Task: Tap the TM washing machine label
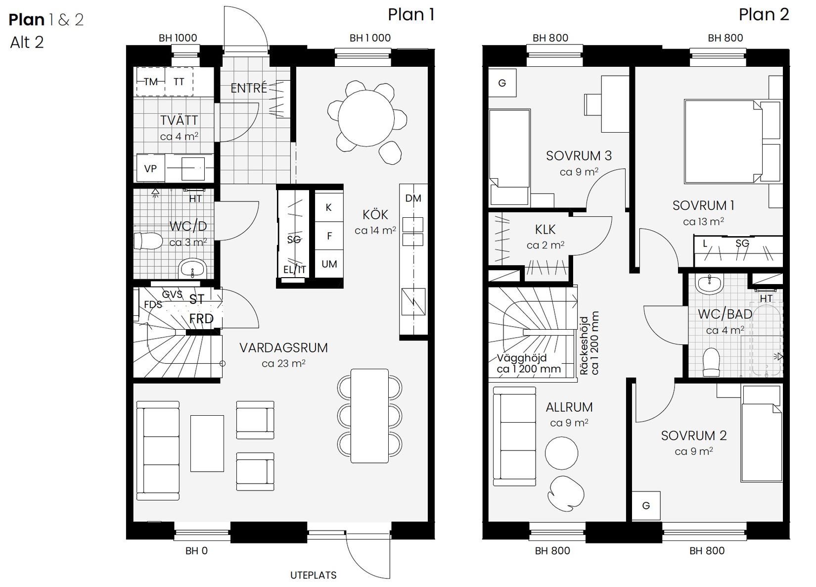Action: click(x=150, y=82)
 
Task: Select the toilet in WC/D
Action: click(x=148, y=241)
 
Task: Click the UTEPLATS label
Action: click(x=313, y=575)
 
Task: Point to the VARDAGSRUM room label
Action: click(x=283, y=347)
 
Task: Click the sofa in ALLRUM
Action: click(x=514, y=436)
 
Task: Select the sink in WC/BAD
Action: click(x=710, y=285)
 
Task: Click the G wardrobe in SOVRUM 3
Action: click(x=502, y=83)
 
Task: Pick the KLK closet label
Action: click(x=545, y=230)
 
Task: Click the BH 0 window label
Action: click(x=196, y=550)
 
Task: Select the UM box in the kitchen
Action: click(x=329, y=264)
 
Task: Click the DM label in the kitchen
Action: click(x=413, y=198)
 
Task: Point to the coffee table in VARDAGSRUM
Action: click(x=207, y=443)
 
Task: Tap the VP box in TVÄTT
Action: click(x=150, y=168)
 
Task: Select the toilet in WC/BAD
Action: click(x=711, y=361)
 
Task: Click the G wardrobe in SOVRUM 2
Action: click(x=646, y=506)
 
